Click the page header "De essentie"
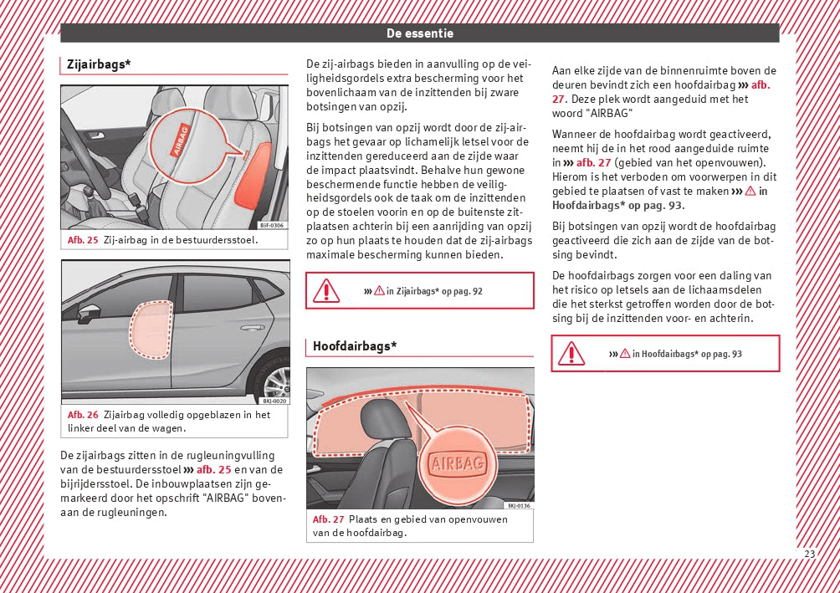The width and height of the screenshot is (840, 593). point(419,33)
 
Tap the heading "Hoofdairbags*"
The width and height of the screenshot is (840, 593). point(355,345)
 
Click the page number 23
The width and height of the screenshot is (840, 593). point(809,554)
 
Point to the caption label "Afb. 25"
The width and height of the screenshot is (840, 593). point(83,240)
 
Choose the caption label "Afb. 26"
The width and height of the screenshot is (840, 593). point(83,415)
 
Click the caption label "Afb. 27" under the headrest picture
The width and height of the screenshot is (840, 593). point(328,519)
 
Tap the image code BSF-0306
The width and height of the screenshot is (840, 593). point(271,226)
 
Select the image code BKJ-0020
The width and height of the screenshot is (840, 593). point(274,401)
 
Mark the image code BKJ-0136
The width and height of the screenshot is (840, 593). point(519,505)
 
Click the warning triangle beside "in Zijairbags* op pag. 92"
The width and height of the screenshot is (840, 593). point(325,291)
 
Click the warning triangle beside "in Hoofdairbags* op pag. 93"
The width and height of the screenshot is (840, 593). point(571,353)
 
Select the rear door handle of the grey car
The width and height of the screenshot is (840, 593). point(252,327)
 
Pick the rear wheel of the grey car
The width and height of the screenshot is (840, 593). point(276,381)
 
